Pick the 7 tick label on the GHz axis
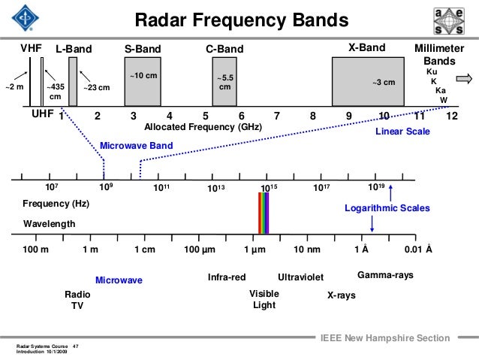pos(277,116)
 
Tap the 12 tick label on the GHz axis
pos(451,116)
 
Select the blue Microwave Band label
pos(131,145)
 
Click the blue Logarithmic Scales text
pos(387,207)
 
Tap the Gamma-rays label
pos(385,276)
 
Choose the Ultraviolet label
pos(301,277)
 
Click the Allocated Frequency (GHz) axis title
pos(203,128)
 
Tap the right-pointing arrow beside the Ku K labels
pos(462,77)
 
